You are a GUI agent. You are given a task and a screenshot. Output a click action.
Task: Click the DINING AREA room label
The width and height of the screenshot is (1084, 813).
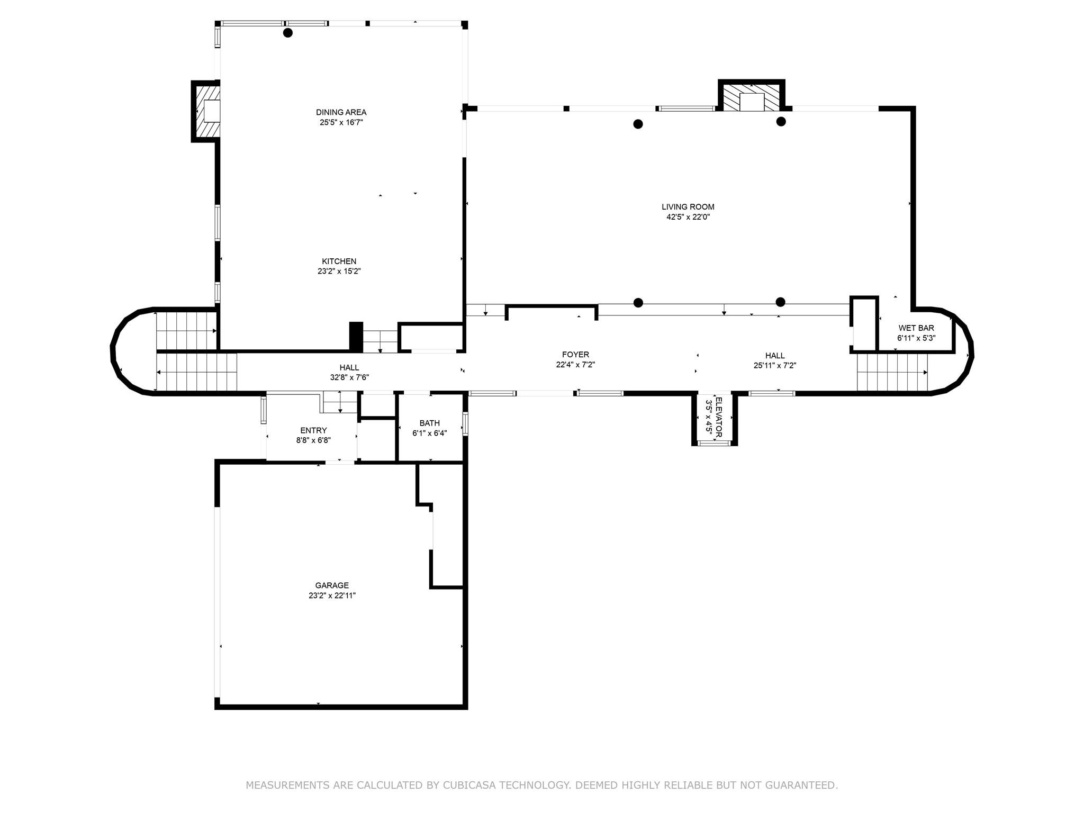tap(341, 112)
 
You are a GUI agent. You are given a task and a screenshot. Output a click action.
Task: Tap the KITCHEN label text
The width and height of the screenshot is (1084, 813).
tap(339, 261)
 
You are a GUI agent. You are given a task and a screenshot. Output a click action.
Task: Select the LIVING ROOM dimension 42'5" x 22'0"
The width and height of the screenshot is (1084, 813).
tap(688, 217)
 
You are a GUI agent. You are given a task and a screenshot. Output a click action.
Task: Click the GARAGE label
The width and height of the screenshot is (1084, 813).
tap(332, 585)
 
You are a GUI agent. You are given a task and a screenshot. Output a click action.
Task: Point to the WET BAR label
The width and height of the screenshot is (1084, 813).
tap(916, 328)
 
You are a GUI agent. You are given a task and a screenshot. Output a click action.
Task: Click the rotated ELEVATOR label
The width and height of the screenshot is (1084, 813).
tap(718, 418)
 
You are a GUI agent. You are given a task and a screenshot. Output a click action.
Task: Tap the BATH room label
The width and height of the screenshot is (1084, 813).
tap(429, 423)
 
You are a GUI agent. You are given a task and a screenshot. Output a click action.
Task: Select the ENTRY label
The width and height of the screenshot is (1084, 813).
tap(313, 431)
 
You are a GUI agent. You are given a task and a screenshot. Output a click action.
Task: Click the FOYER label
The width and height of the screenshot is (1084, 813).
tap(575, 355)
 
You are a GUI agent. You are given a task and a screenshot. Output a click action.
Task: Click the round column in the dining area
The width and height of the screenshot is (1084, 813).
tap(288, 33)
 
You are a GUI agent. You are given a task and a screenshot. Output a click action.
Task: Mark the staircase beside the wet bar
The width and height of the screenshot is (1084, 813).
tap(892, 372)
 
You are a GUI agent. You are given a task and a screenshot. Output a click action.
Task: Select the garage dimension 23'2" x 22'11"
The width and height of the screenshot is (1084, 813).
tap(332, 595)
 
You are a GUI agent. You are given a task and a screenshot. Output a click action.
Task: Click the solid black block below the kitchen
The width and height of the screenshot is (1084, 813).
tap(356, 336)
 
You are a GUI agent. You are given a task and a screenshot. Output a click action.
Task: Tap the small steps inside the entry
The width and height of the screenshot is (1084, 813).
tap(339, 402)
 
